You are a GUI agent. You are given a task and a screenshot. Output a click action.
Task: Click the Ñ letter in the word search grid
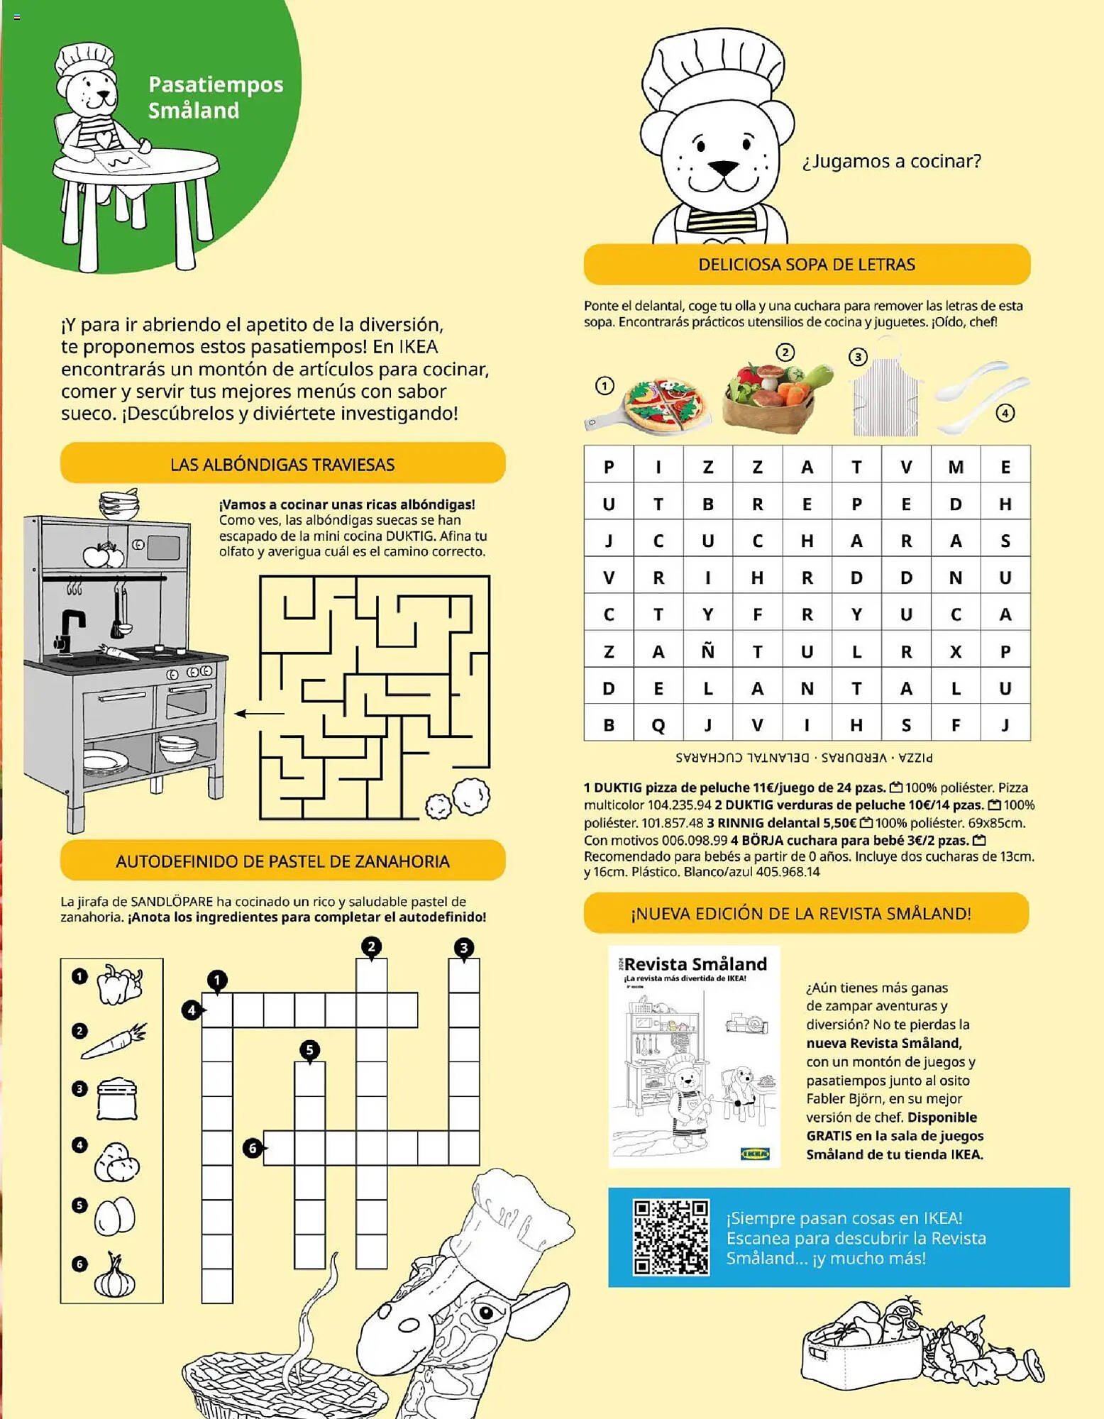tap(707, 651)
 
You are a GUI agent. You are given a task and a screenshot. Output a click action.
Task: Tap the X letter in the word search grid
tap(956, 652)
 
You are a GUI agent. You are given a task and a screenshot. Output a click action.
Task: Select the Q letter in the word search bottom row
tap(658, 725)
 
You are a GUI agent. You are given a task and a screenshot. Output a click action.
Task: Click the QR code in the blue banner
tap(670, 1237)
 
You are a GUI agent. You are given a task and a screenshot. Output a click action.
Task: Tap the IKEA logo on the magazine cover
tap(755, 1153)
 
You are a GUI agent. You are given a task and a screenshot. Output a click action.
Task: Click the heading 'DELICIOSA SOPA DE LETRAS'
tap(806, 265)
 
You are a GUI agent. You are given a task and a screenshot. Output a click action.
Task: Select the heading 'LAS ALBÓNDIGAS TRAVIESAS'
tap(282, 465)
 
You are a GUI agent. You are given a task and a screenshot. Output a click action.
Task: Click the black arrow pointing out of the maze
tap(259, 713)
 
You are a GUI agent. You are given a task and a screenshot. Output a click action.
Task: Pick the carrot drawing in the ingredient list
tap(114, 1042)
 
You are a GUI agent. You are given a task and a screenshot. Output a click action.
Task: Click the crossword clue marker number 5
tap(309, 1049)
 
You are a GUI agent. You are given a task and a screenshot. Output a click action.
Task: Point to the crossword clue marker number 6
tap(253, 1147)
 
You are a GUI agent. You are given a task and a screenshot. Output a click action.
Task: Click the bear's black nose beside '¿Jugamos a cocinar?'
tap(724, 168)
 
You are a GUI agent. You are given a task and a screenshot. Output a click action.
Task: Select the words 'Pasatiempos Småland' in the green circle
tap(215, 97)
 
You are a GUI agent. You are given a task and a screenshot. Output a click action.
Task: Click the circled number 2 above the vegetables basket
tap(785, 352)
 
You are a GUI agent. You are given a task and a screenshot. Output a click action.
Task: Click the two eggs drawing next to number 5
tap(115, 1215)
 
